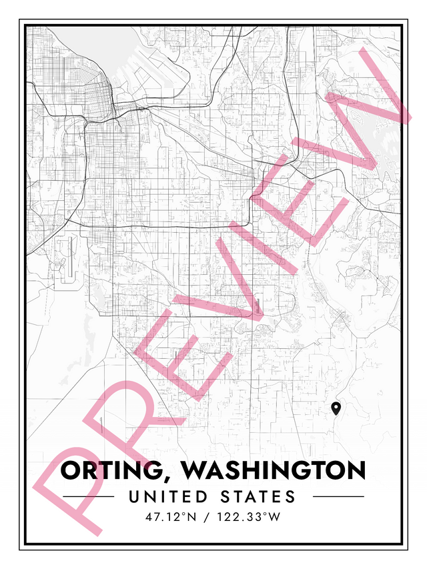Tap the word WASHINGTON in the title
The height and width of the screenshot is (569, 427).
(274, 470)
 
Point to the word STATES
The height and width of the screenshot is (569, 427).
(258, 497)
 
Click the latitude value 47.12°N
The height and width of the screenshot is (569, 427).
(169, 516)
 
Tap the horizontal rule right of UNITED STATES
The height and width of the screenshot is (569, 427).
(338, 497)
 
